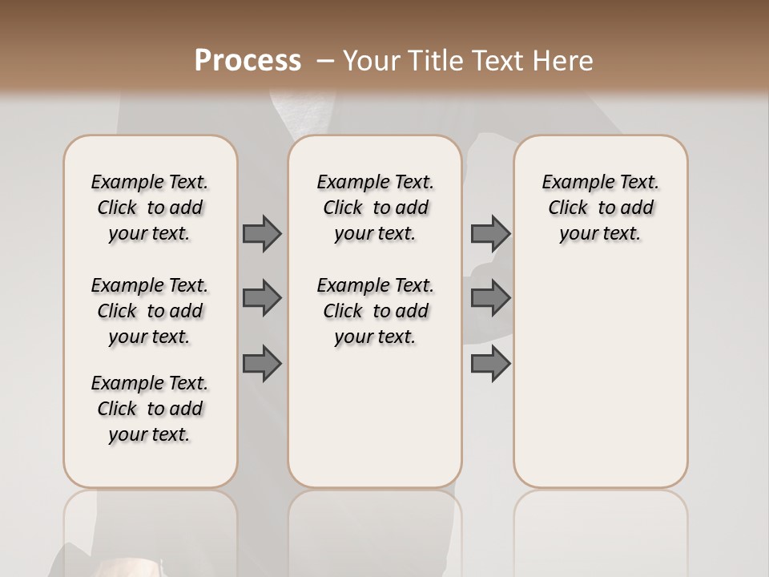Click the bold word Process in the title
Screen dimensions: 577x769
248,61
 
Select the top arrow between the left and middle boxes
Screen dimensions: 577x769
262,233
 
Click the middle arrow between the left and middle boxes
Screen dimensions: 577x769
262,298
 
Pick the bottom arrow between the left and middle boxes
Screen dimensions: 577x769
262,364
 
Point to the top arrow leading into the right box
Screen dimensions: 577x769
490,233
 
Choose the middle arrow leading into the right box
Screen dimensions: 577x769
490,298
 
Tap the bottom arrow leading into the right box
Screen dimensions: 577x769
490,364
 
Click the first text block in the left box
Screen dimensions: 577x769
150,208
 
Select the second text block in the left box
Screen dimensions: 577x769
150,311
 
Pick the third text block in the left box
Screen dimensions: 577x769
150,409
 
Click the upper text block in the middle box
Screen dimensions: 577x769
375,208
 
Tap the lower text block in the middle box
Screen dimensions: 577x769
375,311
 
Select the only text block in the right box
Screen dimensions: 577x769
600,208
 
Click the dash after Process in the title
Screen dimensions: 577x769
325,61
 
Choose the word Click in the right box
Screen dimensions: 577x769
568,208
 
